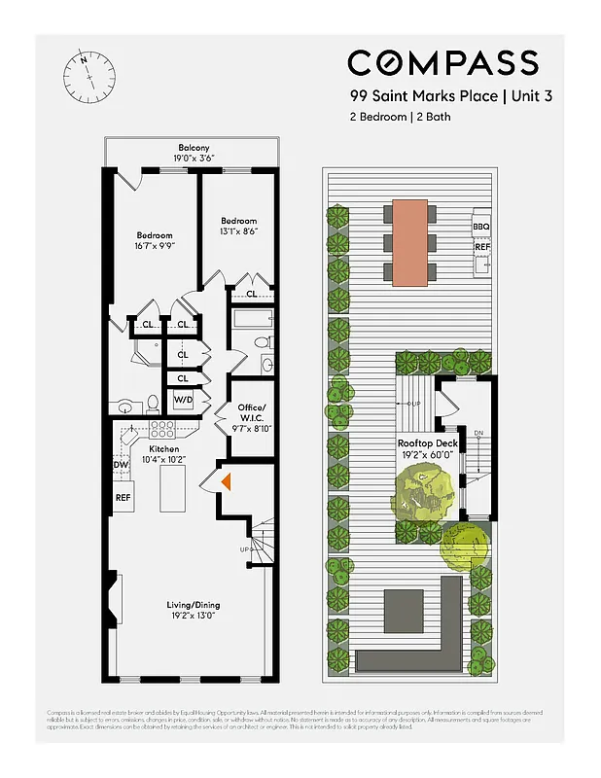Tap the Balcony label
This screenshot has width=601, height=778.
[x=194, y=149]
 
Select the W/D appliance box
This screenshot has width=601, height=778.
[x=183, y=401]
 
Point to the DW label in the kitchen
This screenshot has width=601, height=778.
[x=122, y=465]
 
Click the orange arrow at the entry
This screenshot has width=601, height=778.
[x=226, y=480]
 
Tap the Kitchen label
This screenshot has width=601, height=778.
[x=163, y=449]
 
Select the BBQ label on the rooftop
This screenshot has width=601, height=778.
[x=481, y=227]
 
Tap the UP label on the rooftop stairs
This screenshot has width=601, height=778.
[x=414, y=403]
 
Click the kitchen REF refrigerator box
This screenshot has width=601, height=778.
[x=124, y=497]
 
